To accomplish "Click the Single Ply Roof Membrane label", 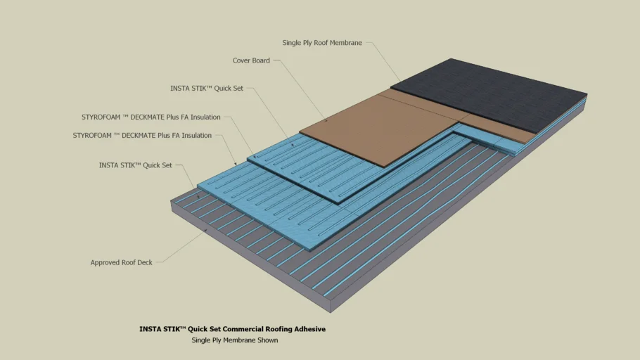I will [x=322, y=43].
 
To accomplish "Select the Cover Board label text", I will [x=251, y=60].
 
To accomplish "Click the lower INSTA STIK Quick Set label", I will [x=136, y=165].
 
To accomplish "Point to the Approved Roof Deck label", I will [x=121, y=262].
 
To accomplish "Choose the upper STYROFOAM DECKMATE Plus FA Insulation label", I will [x=151, y=117].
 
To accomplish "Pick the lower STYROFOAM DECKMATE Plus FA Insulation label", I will [x=142, y=135].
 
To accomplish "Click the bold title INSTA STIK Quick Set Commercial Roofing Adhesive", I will [x=232, y=328].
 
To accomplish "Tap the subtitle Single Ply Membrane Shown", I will [x=235, y=340].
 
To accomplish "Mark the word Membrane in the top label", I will [x=347, y=43].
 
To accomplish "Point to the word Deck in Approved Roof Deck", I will [x=144, y=262].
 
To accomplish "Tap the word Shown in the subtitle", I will [x=267, y=340].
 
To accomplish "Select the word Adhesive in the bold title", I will [x=310, y=328].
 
